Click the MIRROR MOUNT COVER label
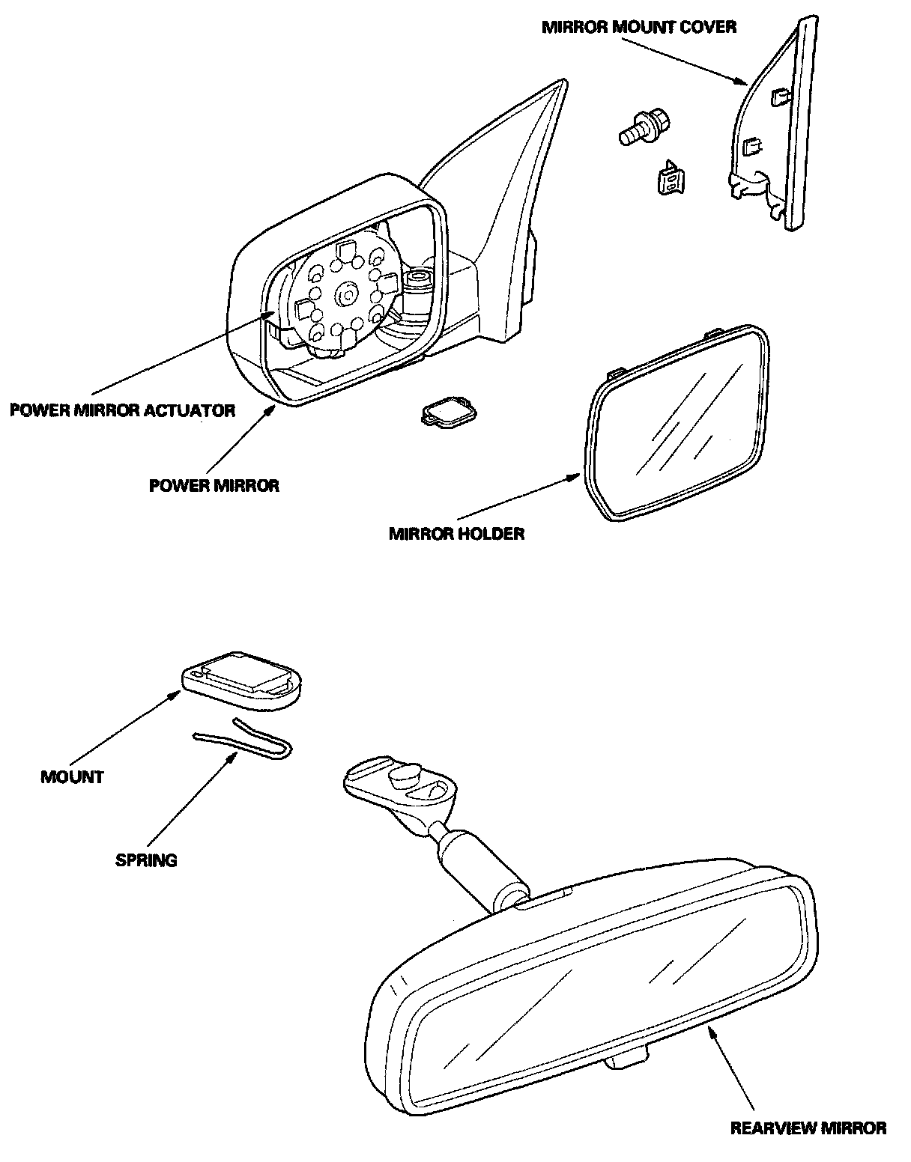tap(639, 27)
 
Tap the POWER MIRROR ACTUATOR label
tap(123, 410)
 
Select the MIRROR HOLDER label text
tap(456, 534)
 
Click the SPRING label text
tap(146, 860)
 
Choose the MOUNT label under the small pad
tap(72, 776)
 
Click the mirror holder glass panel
tap(678, 423)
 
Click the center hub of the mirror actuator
tap(347, 293)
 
